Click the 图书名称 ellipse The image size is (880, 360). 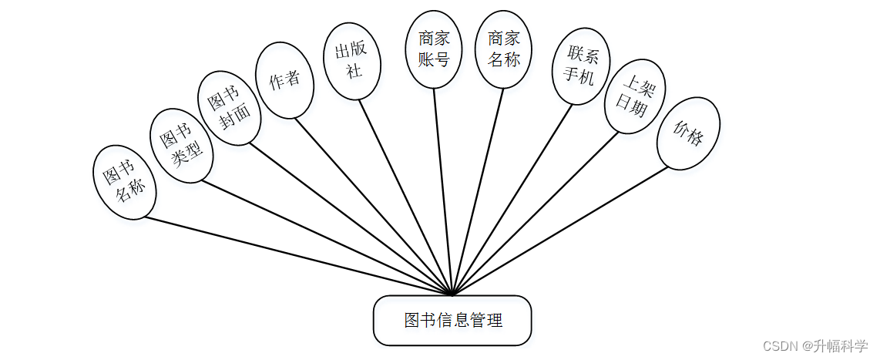(125, 183)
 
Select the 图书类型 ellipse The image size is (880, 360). (180, 146)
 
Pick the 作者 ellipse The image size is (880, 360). (284, 80)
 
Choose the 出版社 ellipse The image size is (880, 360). (351, 61)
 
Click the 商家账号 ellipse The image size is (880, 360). (434, 49)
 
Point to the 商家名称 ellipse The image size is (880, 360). (504, 49)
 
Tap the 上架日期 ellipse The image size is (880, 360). (635, 98)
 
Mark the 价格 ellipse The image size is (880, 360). (688, 133)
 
